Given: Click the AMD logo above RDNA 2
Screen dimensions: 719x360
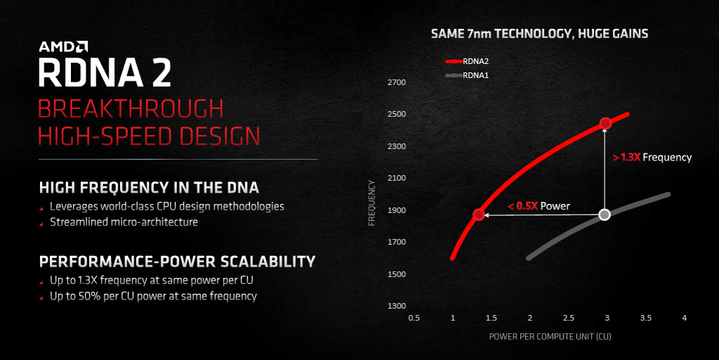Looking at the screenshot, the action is tap(63, 46).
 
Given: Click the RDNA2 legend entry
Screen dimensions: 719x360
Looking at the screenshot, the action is tap(467, 61).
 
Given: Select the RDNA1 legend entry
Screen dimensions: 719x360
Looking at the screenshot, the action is tap(467, 75).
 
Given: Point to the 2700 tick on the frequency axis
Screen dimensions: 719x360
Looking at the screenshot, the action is tap(396, 82).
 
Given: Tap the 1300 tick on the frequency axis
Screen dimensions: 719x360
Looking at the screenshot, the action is tap(396, 306).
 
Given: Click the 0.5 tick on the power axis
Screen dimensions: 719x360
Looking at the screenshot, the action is tap(414, 318).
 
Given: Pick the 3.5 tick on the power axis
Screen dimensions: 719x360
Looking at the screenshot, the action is tap(646, 318).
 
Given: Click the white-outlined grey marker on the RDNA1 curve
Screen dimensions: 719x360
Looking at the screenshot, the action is tap(605, 214).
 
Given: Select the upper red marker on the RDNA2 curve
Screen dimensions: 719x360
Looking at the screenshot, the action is tap(605, 123).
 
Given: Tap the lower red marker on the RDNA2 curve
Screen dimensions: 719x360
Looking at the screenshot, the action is tap(479, 214).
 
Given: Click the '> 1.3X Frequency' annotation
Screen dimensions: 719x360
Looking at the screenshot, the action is tap(652, 157).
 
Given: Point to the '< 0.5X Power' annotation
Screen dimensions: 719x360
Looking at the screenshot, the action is tap(539, 206).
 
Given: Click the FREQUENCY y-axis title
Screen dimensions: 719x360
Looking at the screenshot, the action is tap(372, 202).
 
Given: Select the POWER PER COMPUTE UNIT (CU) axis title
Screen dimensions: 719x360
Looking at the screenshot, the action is tap(550, 337).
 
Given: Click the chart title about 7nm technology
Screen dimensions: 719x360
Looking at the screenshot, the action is tap(540, 34).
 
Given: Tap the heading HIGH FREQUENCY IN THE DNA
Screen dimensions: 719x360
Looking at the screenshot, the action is tap(149, 188).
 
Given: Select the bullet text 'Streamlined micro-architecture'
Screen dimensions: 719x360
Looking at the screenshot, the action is tap(124, 222).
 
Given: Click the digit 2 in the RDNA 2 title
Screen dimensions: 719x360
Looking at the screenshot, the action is tap(162, 72).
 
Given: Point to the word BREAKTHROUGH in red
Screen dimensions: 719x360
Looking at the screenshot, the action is tap(131, 109).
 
